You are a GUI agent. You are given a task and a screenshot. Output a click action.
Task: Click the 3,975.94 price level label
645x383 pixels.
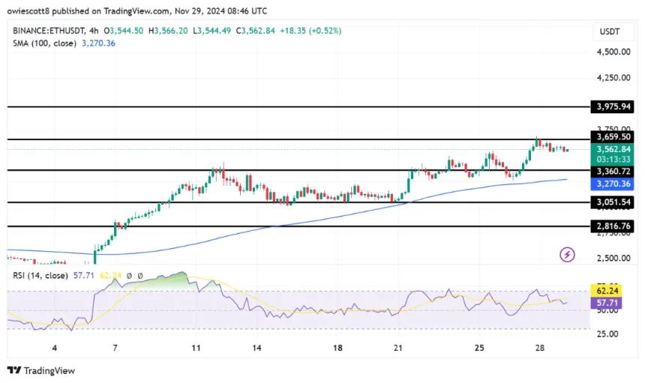pyautogui.click(x=613, y=107)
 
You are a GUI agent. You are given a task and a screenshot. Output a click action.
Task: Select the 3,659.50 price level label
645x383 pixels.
pyautogui.click(x=613, y=138)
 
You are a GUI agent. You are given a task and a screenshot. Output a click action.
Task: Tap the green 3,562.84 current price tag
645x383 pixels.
pyautogui.click(x=613, y=149)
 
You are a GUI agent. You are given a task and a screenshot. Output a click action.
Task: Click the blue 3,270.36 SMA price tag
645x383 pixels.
pyautogui.click(x=613, y=184)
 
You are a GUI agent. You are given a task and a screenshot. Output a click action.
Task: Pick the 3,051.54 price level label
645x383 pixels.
pyautogui.click(x=613, y=203)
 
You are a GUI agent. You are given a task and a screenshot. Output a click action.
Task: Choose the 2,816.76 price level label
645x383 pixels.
pyautogui.click(x=613, y=226)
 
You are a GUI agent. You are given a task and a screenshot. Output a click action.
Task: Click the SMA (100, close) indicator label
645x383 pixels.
pyautogui.click(x=43, y=43)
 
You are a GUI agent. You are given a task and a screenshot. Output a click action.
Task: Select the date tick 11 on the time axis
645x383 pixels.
pyautogui.click(x=196, y=348)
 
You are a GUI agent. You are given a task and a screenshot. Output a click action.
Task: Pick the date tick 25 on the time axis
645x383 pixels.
pyautogui.click(x=480, y=348)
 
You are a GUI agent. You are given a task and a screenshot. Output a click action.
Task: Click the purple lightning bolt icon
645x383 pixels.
pyautogui.click(x=568, y=255)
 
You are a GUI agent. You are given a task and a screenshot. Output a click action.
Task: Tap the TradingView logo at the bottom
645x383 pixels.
pyautogui.click(x=41, y=370)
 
